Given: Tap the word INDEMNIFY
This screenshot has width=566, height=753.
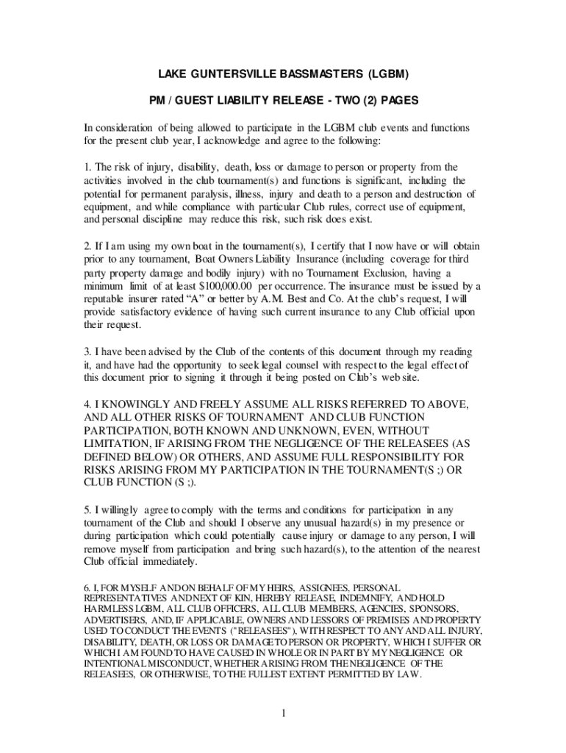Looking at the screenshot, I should pos(351,599).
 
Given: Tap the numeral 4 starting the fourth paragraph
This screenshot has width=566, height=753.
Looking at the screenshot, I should pos(85,404).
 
